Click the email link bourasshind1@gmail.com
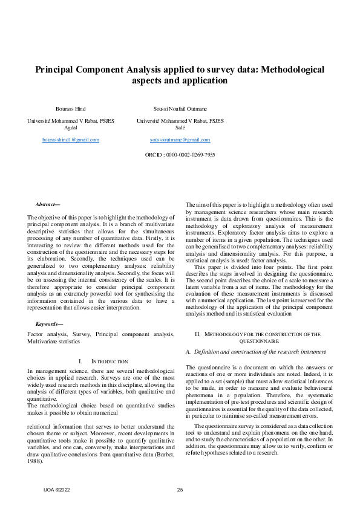pyautogui.click(x=71, y=140)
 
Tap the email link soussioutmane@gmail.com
pyautogui.click(x=180, y=140)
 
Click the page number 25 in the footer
pyautogui.click(x=180, y=489)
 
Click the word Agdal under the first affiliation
pyautogui.click(x=71, y=128)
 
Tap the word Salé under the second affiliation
pyautogui.click(x=180, y=128)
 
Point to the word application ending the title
pyautogui.click(x=204, y=80)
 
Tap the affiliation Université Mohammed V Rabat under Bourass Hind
pyautogui.click(x=71, y=121)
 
